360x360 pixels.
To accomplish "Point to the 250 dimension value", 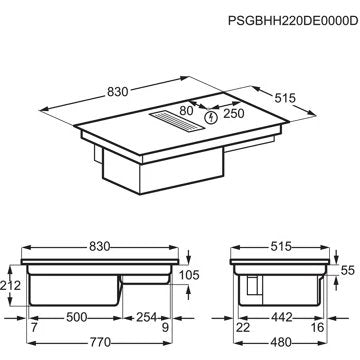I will coord(234,113).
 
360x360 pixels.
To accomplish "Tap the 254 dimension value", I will coord(147,317).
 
